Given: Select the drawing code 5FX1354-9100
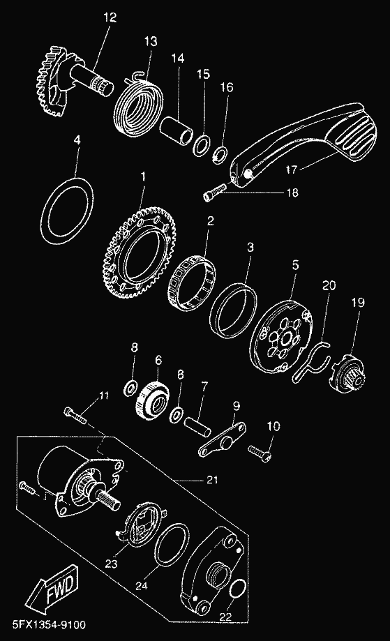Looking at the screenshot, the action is click(x=49, y=625).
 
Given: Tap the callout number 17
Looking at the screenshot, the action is click(x=292, y=169).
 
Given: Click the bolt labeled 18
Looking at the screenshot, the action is click(x=214, y=192).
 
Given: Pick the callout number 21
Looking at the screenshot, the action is click(x=212, y=480).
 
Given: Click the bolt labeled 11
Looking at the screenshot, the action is click(x=75, y=414).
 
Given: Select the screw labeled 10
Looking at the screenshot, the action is click(x=259, y=453).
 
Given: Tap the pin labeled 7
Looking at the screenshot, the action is click(x=197, y=425).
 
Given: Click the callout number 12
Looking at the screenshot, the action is click(x=110, y=17).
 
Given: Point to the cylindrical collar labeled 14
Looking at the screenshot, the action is click(x=176, y=130).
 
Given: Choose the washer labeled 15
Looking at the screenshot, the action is click(x=202, y=145).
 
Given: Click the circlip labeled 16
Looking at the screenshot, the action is click(x=220, y=154).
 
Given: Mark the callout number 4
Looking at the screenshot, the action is click(x=77, y=139).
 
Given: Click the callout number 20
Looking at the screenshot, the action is click(x=329, y=285).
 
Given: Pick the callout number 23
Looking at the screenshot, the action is click(x=111, y=564).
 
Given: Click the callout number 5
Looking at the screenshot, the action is click(x=295, y=265).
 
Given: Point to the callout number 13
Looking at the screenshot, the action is click(x=151, y=41).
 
